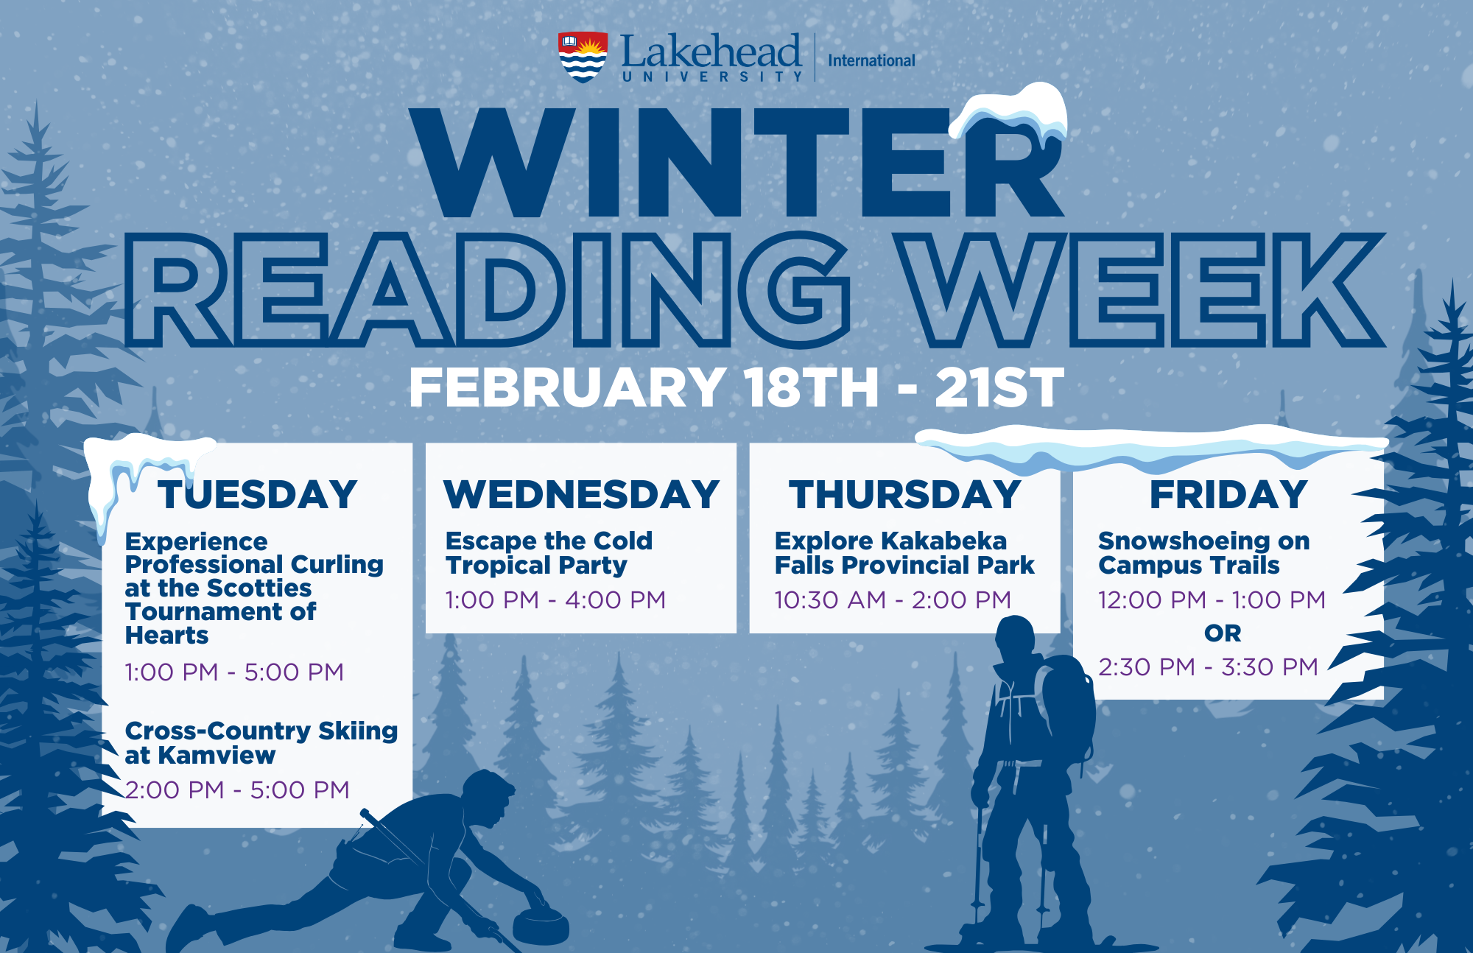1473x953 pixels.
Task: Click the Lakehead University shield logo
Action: tap(583, 57)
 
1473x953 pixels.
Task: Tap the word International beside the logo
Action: tap(871, 60)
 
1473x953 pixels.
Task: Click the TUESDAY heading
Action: tap(258, 494)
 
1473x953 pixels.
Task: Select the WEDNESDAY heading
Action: tap(581, 494)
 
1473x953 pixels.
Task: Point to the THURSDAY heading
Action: tap(905, 494)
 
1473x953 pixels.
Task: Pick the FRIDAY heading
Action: tap(1228, 494)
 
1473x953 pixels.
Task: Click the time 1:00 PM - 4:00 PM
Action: tap(555, 599)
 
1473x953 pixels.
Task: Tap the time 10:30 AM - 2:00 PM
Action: tap(893, 599)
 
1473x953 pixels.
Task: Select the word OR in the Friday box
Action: tap(1223, 633)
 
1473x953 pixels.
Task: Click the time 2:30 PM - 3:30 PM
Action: tap(1208, 667)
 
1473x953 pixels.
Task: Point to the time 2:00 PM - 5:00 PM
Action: tap(237, 790)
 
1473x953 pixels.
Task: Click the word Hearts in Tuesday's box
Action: tap(166, 635)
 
